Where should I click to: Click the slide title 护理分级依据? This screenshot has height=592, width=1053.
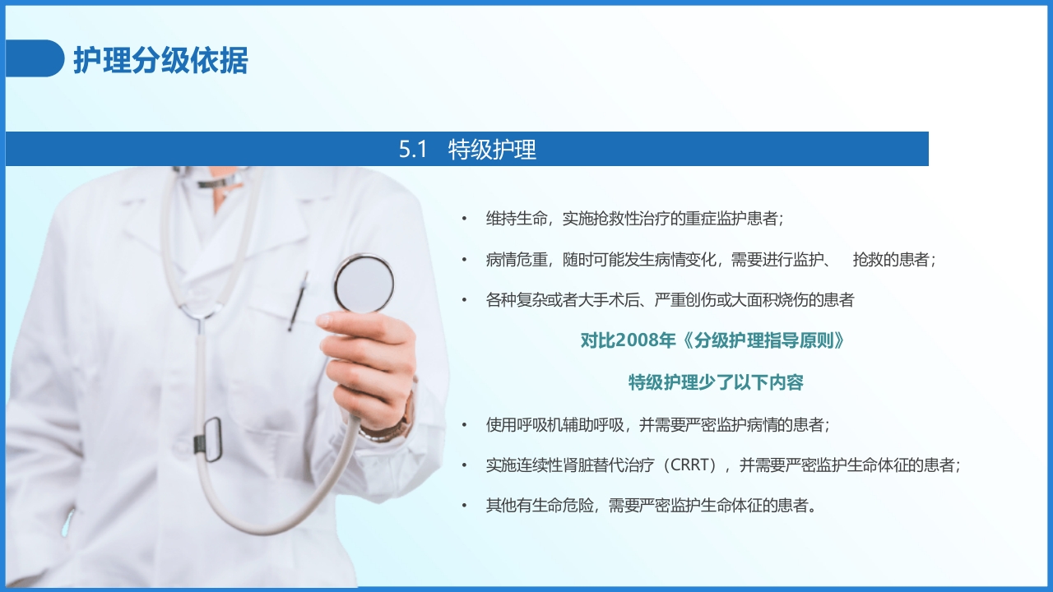click(160, 60)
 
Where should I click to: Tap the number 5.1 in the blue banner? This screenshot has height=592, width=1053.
click(413, 150)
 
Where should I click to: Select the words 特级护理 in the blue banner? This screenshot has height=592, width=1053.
click(492, 150)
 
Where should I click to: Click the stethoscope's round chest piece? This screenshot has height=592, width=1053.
click(364, 284)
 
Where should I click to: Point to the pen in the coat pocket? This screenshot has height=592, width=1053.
click(298, 301)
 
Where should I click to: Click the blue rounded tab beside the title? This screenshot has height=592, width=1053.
click(35, 58)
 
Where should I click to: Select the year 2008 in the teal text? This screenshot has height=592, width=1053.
click(634, 341)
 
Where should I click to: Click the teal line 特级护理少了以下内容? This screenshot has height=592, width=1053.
click(716, 382)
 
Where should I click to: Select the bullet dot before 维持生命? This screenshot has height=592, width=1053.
click(464, 220)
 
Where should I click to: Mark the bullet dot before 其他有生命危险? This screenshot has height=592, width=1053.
click(464, 506)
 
